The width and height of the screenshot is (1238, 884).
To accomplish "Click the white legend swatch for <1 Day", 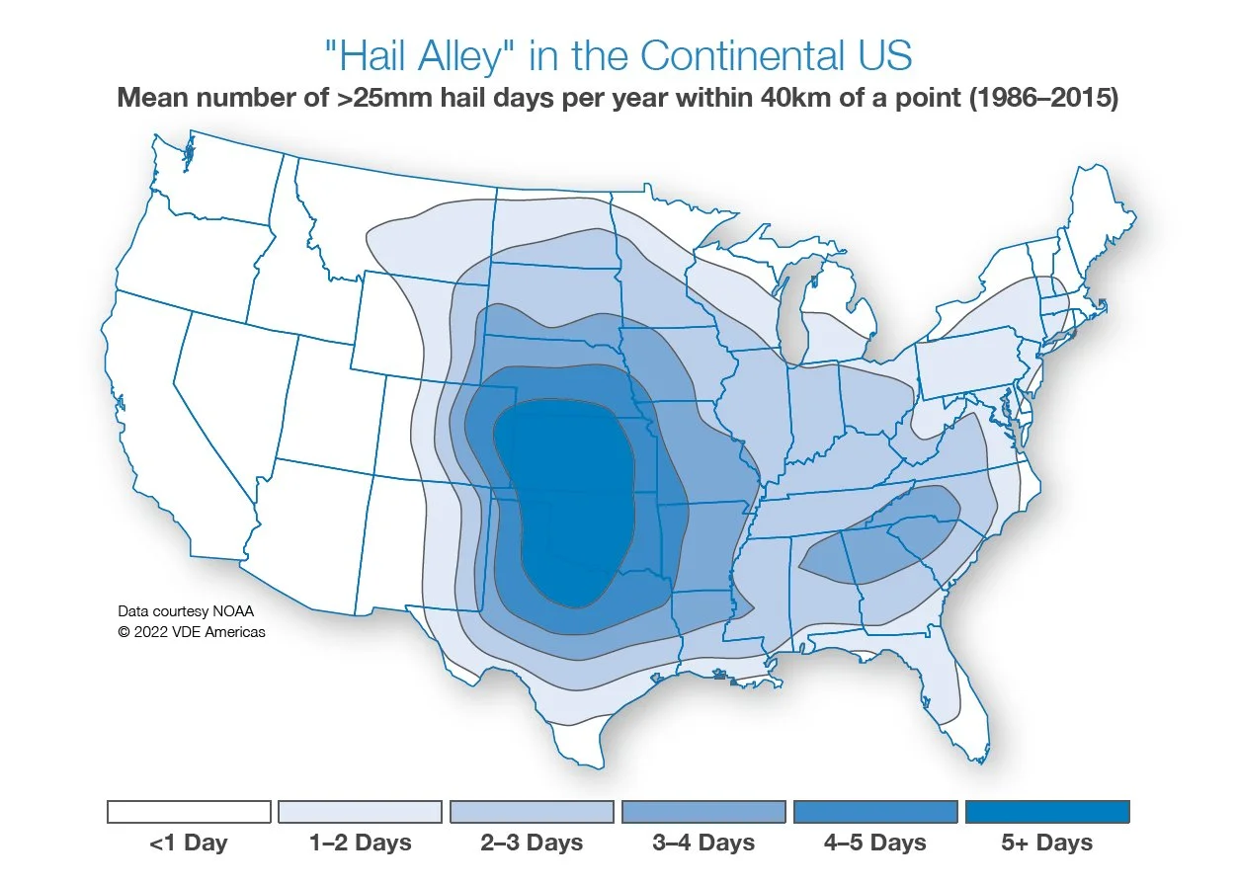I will point(189,812).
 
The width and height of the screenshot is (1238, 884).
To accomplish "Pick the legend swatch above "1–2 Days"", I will point(360,812).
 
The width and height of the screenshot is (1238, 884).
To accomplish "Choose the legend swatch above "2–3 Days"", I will point(532,812).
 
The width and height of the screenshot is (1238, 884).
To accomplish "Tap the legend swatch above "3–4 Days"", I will point(703,812).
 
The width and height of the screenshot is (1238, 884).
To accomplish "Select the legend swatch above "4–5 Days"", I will point(874,812).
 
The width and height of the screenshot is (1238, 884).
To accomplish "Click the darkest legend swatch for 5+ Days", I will point(1046,812).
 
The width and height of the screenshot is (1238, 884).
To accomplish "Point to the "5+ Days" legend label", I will point(1046,844).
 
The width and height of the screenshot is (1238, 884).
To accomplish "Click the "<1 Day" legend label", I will point(189,844).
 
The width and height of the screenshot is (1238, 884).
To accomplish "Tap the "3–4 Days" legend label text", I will point(703,844).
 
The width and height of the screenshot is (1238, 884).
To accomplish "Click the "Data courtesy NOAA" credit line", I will point(186,611).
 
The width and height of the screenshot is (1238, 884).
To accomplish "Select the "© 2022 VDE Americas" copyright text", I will point(192,632).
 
